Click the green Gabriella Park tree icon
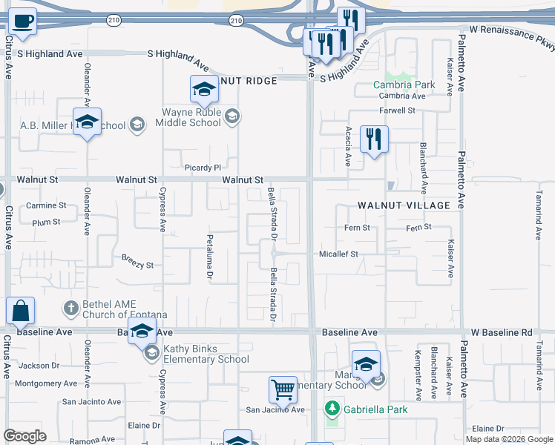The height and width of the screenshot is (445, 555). coord(332,409)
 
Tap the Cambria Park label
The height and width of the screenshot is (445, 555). coord(404,85)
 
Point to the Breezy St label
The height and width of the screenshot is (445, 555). coord(137,265)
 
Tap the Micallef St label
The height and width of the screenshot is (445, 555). coord(338,254)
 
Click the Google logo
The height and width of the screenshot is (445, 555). coord(24,436)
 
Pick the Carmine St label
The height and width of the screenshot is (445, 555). coord(46,205)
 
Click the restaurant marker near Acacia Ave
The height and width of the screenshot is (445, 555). coord(373,139)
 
